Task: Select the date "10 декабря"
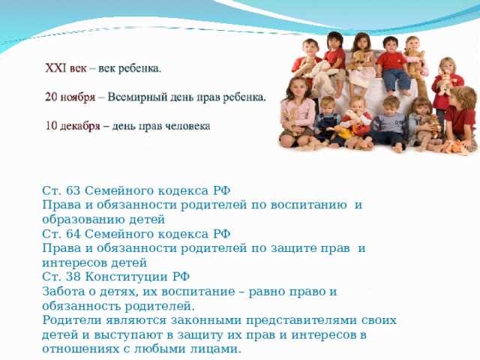coord(73,125)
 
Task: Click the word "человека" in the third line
coord(187,125)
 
